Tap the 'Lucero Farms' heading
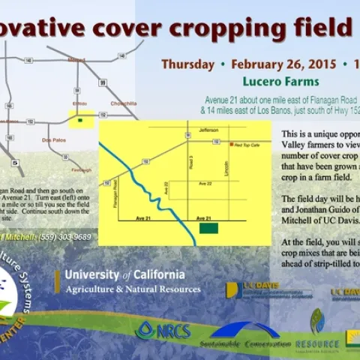tap(282, 81)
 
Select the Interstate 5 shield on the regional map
tap(15, 160)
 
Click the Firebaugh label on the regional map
tap(82, 170)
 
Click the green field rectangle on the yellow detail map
tap(208, 227)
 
